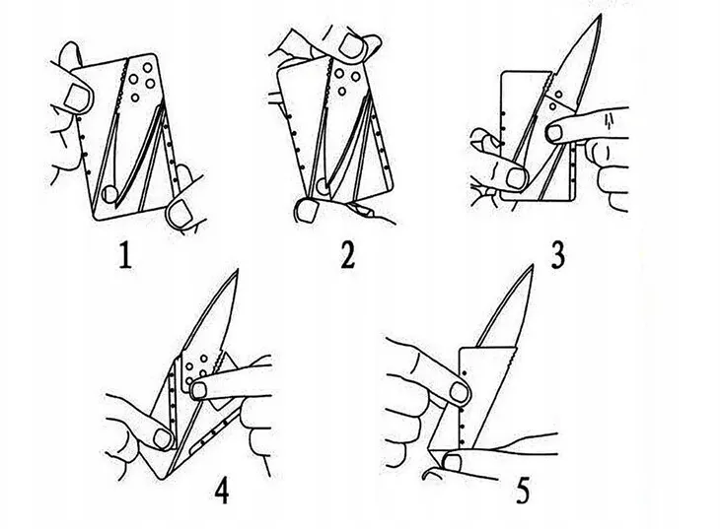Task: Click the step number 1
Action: click(x=125, y=255)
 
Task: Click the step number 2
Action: click(x=348, y=255)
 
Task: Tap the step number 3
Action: click(x=557, y=255)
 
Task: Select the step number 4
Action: click(x=222, y=491)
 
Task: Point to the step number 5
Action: click(x=523, y=491)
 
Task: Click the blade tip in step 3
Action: click(x=600, y=15)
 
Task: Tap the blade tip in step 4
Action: click(x=238, y=270)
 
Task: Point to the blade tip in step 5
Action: click(x=533, y=265)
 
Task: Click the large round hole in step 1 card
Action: click(x=109, y=194)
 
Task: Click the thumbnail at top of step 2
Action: click(x=352, y=47)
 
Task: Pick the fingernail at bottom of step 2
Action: click(x=307, y=211)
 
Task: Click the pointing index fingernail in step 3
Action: click(x=555, y=133)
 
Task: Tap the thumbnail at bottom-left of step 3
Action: click(x=516, y=178)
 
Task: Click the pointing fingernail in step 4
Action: click(x=199, y=390)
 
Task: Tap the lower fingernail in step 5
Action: click(x=453, y=463)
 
